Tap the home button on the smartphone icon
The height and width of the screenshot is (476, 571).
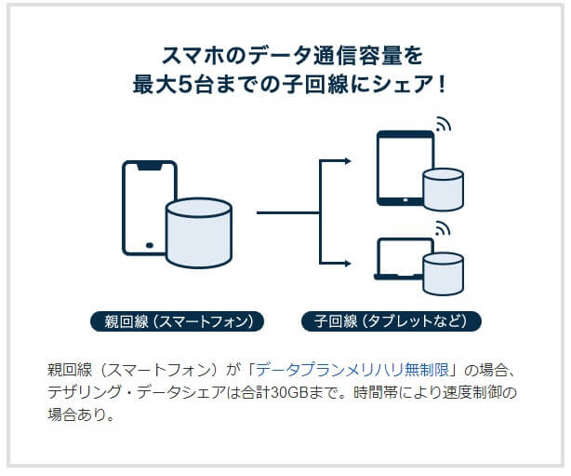click(x=150, y=245)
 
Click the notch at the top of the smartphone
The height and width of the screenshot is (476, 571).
click(x=150, y=167)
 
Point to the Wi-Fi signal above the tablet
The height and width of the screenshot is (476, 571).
click(x=444, y=124)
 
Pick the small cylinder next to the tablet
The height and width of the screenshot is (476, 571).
click(x=444, y=189)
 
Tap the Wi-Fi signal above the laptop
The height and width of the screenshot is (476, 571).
click(x=443, y=228)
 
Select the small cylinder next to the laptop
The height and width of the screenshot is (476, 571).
click(x=444, y=274)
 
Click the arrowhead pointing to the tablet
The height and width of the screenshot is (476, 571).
click(x=348, y=161)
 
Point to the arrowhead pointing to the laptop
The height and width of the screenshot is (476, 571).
click(x=348, y=264)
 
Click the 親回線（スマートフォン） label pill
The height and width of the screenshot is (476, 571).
click(x=177, y=321)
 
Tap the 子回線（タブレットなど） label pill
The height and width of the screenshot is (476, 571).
click(x=392, y=321)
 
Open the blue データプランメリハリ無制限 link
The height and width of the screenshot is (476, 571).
click(x=352, y=370)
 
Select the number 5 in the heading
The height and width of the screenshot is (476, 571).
click(x=185, y=84)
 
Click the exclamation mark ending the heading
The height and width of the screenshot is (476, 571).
click(x=442, y=84)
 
